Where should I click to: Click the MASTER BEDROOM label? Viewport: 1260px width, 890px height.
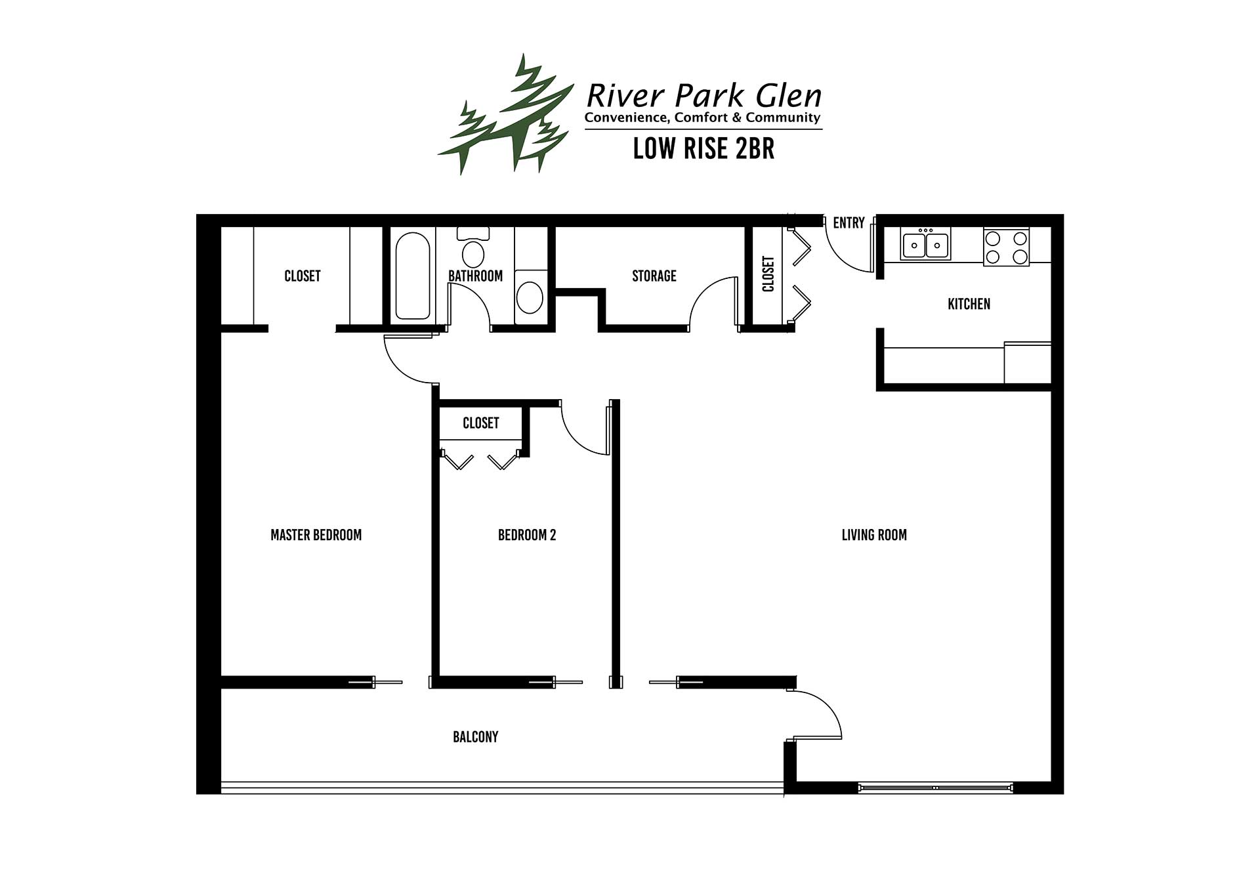[x=316, y=535]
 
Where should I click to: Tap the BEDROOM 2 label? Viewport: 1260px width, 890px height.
[x=527, y=535]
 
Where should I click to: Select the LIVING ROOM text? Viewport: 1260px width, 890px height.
[x=874, y=535]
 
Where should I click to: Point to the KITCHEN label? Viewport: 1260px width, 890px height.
[x=969, y=304]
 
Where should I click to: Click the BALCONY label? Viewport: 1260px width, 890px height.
[x=476, y=737]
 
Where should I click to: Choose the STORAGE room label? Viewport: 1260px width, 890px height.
[x=654, y=276]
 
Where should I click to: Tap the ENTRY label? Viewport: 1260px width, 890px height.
[x=849, y=223]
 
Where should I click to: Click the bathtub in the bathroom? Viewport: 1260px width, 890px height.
[x=413, y=276]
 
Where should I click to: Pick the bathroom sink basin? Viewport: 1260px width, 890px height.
[x=530, y=297]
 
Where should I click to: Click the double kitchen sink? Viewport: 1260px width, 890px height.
[x=926, y=245]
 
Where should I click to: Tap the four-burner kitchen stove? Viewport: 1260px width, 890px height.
[x=1006, y=247]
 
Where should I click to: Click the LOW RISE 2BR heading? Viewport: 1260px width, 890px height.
[x=703, y=149]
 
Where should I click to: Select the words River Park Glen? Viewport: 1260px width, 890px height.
[x=703, y=96]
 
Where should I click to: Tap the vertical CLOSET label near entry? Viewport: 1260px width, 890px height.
[x=768, y=274]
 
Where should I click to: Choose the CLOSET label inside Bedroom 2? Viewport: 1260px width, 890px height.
[x=481, y=423]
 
